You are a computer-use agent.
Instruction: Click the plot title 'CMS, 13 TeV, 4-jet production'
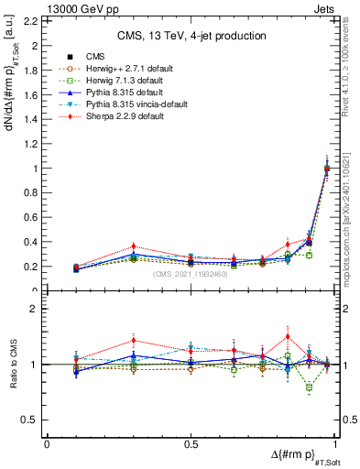(x=192, y=36)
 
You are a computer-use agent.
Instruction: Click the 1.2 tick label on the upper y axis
(x=30, y=144)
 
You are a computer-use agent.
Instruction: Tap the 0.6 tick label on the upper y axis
(x=30, y=218)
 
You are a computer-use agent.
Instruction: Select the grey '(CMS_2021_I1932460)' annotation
(x=191, y=274)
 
